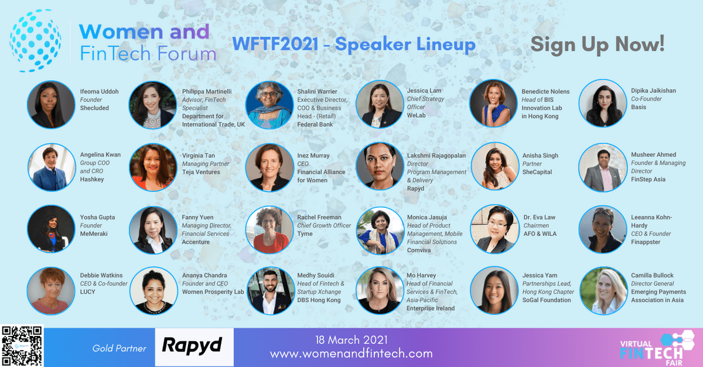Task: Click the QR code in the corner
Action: [22, 346]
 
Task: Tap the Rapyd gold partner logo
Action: [194, 347]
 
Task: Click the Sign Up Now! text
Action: [597, 45]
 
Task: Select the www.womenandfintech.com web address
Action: [351, 354]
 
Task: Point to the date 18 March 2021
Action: [351, 340]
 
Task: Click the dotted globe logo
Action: [35, 40]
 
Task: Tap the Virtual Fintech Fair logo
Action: [657, 349]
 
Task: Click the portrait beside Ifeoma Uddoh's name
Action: [51, 104]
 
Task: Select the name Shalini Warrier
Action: [317, 91]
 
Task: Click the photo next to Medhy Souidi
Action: [270, 291]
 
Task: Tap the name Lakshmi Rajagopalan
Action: [436, 156]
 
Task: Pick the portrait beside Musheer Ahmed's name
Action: [603, 167]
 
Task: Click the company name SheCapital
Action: [537, 172]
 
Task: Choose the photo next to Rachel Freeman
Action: [269, 229]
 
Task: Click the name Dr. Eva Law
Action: [539, 217]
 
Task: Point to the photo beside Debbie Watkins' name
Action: [51, 291]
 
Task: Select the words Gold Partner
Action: [120, 348]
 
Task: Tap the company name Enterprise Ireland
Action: [431, 308]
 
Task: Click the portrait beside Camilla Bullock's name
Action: [603, 291]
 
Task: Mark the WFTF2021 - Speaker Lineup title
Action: [354, 44]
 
